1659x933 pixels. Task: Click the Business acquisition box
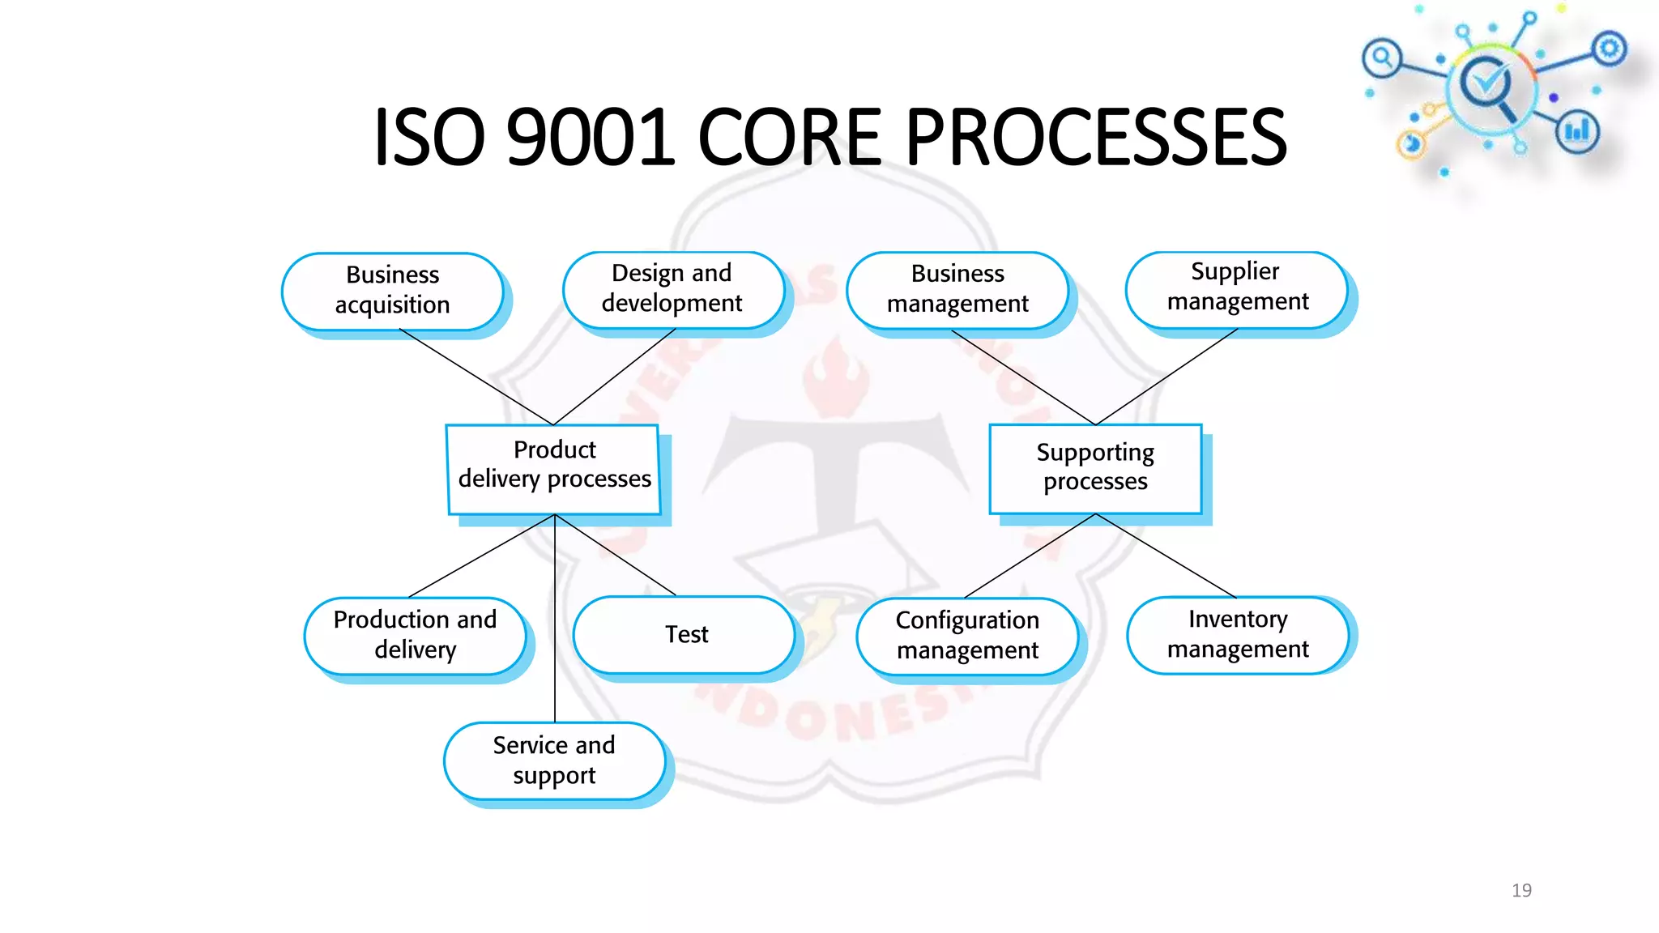point(392,290)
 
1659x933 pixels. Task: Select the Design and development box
point(672,288)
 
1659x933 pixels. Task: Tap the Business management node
point(957,289)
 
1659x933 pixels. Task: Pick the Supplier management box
point(1237,288)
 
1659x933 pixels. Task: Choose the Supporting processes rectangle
point(1095,467)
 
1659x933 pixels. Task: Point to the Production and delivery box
point(415,635)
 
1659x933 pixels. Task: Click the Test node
point(685,634)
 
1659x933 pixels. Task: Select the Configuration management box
point(967,636)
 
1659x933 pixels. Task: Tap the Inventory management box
point(1237,635)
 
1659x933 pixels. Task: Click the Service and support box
point(554,760)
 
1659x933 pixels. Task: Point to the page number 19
point(1521,890)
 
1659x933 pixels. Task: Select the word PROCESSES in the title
point(1095,137)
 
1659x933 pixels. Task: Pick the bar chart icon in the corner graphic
point(1576,131)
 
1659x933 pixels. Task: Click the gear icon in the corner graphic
point(1609,49)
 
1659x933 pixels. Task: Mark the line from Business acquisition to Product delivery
point(476,377)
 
